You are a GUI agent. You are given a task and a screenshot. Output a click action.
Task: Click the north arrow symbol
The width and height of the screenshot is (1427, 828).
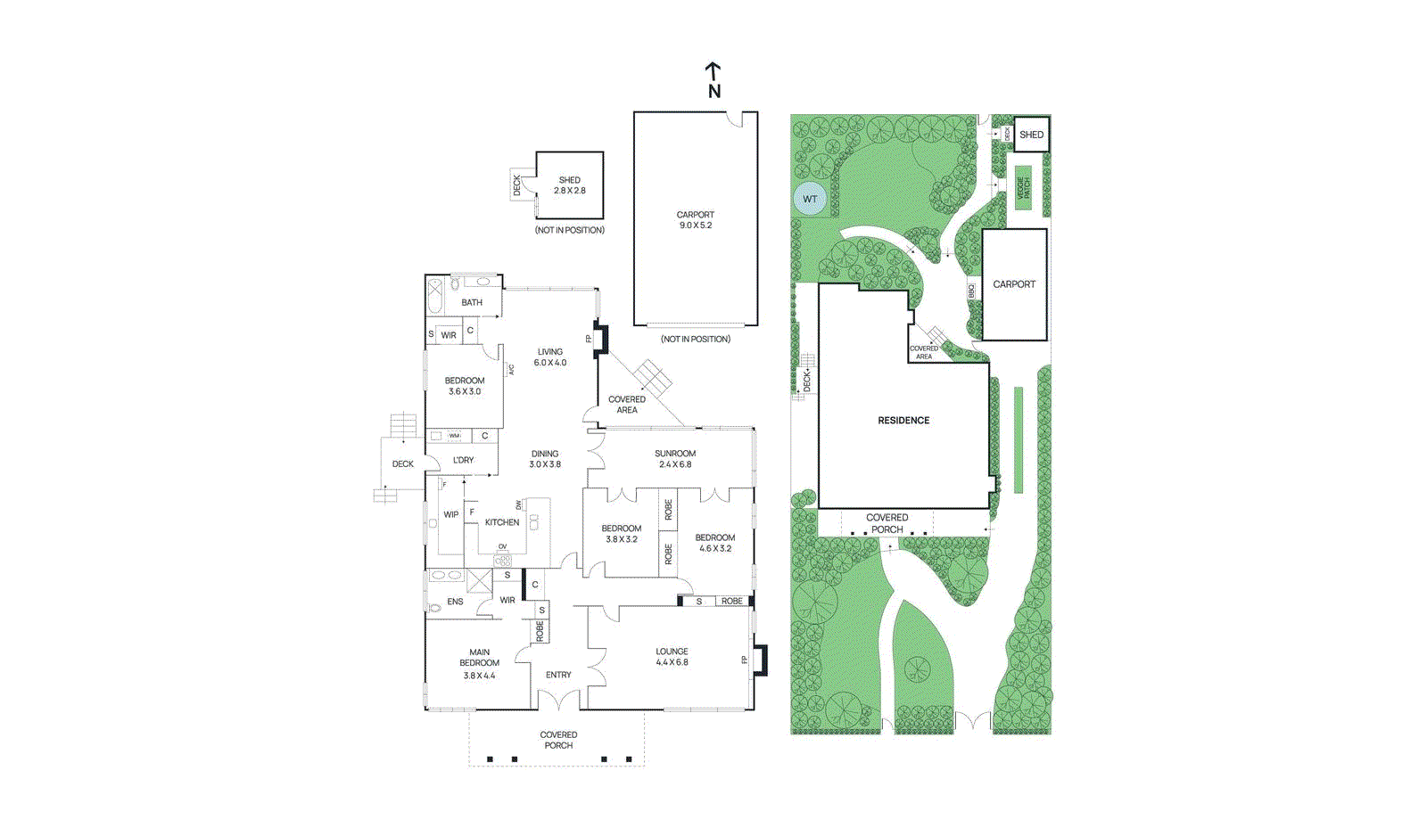click(713, 79)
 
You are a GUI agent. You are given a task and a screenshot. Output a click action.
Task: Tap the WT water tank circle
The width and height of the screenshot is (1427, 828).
click(810, 199)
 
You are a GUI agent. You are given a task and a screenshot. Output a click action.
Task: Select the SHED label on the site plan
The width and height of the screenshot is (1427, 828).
click(1031, 135)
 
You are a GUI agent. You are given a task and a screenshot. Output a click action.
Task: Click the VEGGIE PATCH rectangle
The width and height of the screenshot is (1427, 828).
click(1023, 188)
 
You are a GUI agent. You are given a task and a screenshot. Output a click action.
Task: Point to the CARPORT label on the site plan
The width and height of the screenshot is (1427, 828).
click(1014, 284)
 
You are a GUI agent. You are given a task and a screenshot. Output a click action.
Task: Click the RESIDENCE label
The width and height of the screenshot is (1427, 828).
click(903, 421)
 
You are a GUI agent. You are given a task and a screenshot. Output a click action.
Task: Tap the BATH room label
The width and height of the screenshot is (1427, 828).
click(472, 303)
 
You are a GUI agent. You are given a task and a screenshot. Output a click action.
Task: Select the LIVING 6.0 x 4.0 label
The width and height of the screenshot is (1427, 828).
click(550, 357)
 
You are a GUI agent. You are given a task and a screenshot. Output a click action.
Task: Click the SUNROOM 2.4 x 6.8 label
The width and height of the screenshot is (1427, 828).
click(675, 459)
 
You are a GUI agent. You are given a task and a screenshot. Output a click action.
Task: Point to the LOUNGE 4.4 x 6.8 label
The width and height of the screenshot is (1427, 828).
click(672, 657)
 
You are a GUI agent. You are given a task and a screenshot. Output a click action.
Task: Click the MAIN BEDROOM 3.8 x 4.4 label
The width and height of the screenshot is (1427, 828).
click(479, 664)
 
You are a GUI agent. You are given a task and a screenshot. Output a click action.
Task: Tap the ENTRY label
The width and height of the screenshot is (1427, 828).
click(558, 676)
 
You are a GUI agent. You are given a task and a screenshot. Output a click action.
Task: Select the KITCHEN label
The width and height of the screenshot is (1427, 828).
click(502, 523)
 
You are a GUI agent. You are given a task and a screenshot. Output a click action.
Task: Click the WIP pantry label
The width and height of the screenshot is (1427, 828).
click(451, 515)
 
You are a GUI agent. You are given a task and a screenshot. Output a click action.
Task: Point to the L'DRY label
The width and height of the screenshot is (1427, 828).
click(463, 461)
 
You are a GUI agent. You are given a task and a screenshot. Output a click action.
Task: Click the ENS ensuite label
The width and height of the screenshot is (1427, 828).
click(455, 603)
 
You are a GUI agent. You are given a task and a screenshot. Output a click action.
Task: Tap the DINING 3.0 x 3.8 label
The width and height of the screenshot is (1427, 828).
click(545, 459)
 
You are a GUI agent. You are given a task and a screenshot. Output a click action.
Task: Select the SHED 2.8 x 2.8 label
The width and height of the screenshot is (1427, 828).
click(569, 185)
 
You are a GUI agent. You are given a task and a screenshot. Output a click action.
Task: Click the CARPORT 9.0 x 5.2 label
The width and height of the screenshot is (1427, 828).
click(696, 220)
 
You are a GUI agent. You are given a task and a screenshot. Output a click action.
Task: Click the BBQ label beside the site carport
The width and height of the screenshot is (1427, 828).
click(972, 291)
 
